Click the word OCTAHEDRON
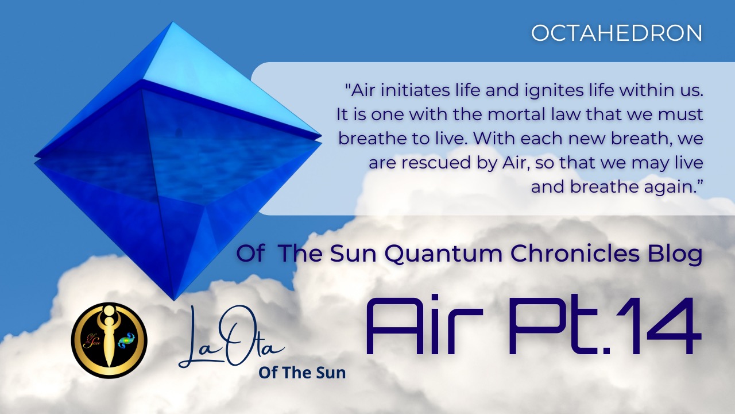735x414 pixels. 617,33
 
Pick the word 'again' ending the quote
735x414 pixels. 678,187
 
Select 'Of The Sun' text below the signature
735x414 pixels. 302,373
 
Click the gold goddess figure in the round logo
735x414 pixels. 108,339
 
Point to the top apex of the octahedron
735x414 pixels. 173,23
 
